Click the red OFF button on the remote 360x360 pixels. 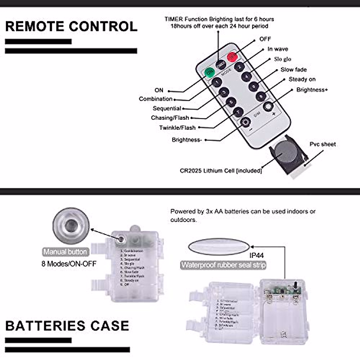click(x=232, y=57)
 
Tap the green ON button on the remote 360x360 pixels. click(x=209, y=72)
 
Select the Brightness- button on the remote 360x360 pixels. click(x=245, y=122)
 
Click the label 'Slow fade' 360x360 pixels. click(x=293, y=70)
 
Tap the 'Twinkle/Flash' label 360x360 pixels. click(x=177, y=128)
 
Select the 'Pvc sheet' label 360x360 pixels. click(x=322, y=144)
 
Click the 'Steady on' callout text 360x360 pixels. click(x=302, y=79)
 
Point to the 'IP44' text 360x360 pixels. click(x=256, y=256)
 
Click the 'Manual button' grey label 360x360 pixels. click(x=65, y=252)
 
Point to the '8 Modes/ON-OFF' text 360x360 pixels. click(x=69, y=264)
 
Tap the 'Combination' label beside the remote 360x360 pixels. click(x=155, y=99)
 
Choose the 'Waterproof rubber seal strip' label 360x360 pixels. click(x=223, y=265)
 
